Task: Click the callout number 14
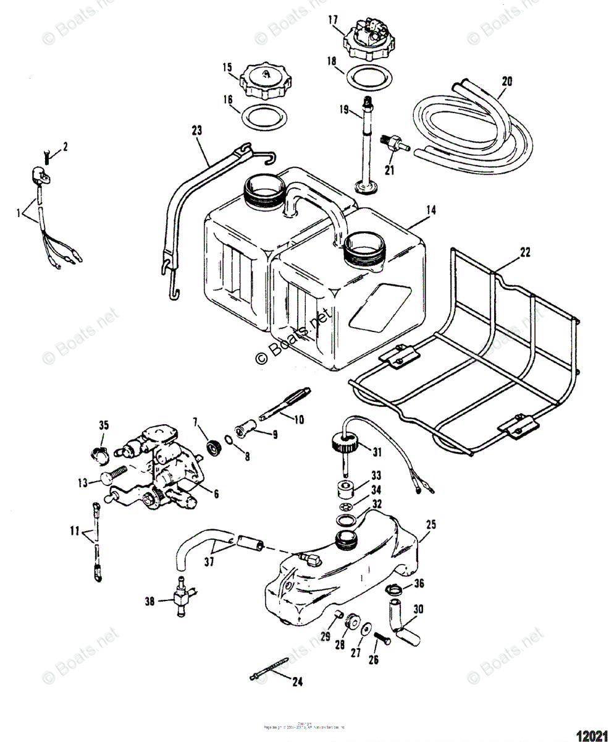coord(430,211)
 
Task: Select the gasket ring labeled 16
coord(263,116)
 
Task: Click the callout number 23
coord(197,130)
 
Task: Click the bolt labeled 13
coord(112,479)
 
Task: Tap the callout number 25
coord(430,525)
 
